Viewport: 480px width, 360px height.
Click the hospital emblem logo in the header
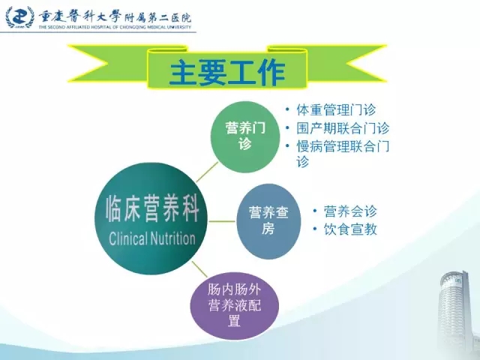point(20,17)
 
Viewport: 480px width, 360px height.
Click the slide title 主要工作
point(227,73)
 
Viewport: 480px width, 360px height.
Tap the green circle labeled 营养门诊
point(245,136)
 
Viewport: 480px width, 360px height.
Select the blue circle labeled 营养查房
point(268,221)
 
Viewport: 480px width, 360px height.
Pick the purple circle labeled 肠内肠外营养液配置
point(235,306)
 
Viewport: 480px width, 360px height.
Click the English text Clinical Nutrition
point(151,238)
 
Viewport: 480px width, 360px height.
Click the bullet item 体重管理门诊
point(336,109)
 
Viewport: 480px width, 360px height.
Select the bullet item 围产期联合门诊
point(343,128)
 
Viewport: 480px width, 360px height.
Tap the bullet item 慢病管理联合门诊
point(343,153)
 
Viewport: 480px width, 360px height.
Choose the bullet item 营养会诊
point(350,211)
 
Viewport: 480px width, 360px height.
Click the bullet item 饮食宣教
point(350,229)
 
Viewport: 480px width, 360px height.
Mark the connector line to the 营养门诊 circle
point(207,172)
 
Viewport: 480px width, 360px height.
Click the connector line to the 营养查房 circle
point(222,221)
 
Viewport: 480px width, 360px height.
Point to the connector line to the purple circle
point(199,269)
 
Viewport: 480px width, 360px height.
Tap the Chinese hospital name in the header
point(115,16)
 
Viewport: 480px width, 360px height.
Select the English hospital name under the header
point(115,27)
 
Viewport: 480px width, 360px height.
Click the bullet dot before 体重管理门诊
point(287,109)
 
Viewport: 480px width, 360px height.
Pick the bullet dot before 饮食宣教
point(314,229)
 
